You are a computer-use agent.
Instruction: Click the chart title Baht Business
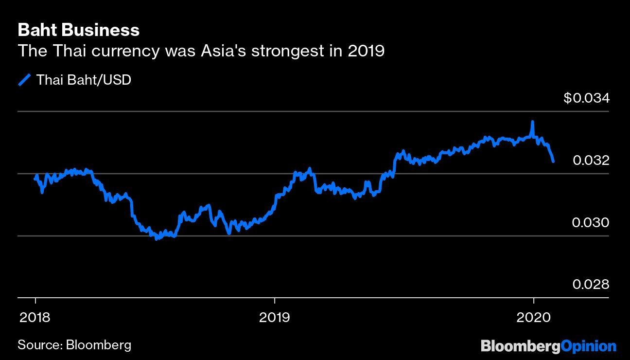(78, 30)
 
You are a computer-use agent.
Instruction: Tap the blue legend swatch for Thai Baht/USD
(24, 80)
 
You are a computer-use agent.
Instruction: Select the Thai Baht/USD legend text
(84, 80)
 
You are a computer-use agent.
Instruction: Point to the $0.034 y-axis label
(586, 98)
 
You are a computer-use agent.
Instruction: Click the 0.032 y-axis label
(591, 161)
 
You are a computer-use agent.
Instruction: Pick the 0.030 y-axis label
(591, 223)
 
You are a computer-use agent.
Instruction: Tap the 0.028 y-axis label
(591, 285)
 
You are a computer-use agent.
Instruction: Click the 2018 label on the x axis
(35, 318)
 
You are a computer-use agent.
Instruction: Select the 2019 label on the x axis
(275, 318)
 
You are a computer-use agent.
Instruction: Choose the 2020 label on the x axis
(534, 318)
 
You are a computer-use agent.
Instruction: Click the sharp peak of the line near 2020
(533, 122)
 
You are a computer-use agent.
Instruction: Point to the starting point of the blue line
(35, 179)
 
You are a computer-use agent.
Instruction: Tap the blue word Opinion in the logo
(588, 346)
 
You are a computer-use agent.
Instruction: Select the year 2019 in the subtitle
(366, 51)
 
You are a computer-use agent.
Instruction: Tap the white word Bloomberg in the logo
(520, 346)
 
